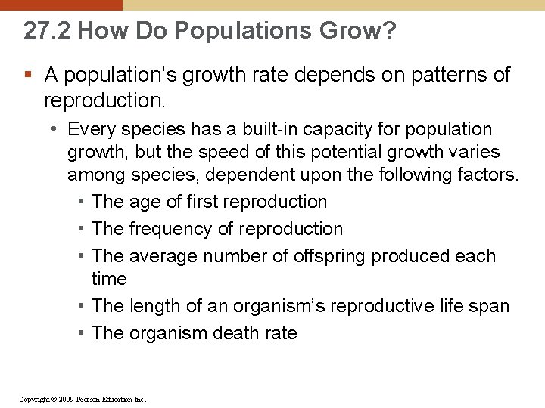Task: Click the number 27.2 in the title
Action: point(47,31)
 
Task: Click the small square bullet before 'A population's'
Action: point(28,75)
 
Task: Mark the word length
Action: point(154,306)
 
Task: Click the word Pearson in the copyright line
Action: point(92,398)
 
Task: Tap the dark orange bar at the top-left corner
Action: point(61,5)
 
